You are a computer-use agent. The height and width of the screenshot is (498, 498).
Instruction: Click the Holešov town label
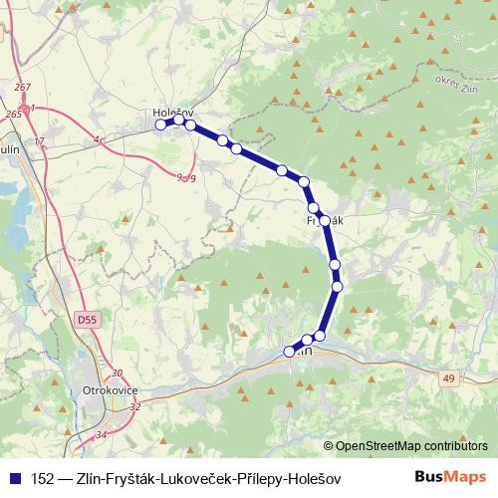(172, 114)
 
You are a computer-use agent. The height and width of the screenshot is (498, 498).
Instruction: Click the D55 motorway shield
(88, 320)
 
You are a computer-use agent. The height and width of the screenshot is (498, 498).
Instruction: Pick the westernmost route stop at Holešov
(162, 124)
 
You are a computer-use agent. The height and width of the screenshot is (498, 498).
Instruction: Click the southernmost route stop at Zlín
(290, 351)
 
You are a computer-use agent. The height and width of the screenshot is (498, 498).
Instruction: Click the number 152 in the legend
(44, 478)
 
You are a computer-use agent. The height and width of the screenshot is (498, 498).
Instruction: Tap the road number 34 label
(100, 435)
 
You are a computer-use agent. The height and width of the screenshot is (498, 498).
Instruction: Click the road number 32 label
(135, 406)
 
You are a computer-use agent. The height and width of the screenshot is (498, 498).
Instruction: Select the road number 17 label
(40, 143)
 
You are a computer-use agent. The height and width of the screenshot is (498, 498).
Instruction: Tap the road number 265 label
(13, 116)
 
